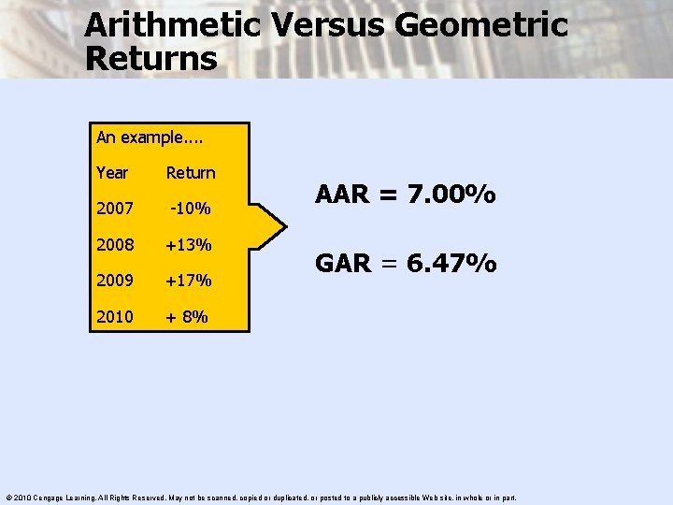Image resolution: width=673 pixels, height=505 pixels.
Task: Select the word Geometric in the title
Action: tap(481, 25)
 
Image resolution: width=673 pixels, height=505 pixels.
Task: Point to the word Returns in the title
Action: tap(150, 59)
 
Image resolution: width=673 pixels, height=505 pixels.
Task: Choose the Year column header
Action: tap(112, 173)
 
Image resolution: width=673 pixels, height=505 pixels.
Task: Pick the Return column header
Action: tap(191, 173)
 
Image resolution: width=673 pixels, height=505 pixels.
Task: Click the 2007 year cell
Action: tap(114, 209)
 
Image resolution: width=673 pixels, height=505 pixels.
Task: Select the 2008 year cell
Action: tap(114, 245)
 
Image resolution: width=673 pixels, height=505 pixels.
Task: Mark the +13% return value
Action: tap(189, 245)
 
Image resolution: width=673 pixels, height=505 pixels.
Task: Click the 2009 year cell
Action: tap(114, 281)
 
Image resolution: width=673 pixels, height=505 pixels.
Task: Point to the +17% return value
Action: tap(189, 281)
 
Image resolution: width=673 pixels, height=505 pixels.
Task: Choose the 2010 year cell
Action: tap(114, 316)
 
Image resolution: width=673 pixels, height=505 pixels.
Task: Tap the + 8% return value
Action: tap(187, 316)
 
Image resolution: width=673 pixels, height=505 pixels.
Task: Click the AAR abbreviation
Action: tap(343, 195)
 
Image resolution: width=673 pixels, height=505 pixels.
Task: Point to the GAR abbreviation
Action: tap(343, 265)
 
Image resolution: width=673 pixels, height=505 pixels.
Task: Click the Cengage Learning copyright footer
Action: tap(262, 498)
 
